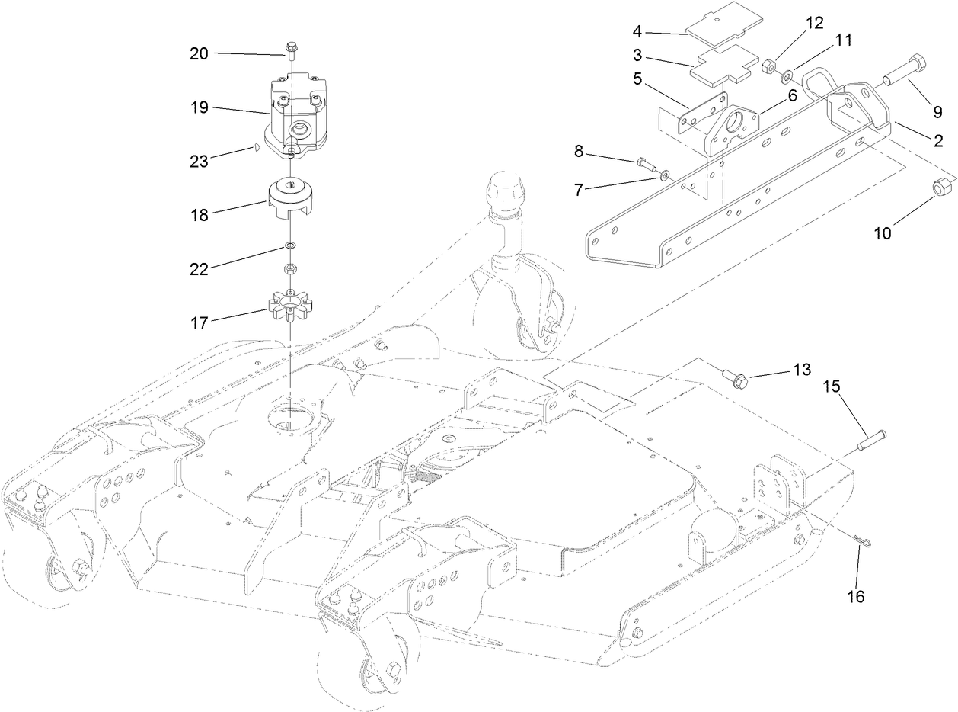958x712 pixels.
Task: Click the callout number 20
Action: pyautogui.click(x=198, y=53)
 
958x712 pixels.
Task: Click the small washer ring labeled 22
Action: pyautogui.click(x=290, y=246)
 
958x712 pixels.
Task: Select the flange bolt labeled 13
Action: pyautogui.click(x=736, y=377)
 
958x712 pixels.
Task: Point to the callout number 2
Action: pyautogui.click(x=938, y=140)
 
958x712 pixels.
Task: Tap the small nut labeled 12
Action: pyautogui.click(x=768, y=68)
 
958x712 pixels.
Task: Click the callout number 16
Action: pyautogui.click(x=856, y=597)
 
